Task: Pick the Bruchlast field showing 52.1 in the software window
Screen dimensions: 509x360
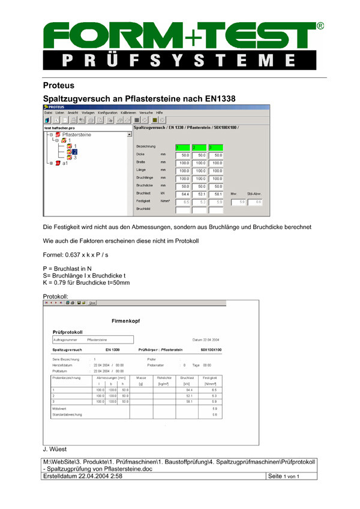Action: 201,194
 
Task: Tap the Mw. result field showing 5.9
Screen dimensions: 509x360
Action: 242,202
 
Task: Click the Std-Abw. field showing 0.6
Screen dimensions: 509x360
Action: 258,202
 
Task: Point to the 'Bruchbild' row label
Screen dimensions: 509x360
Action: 144,209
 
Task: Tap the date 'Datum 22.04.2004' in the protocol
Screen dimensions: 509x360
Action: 205,340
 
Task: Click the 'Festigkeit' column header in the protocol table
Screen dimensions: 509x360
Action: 210,378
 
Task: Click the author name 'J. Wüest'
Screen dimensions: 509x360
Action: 55,448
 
